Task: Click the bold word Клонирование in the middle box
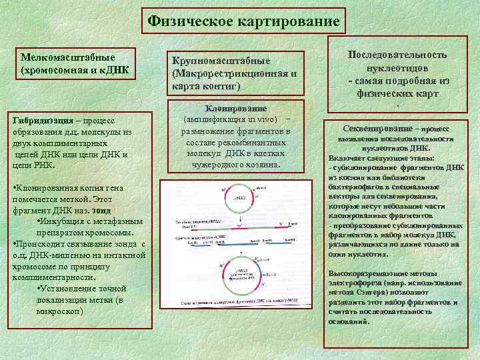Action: [237, 109]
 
